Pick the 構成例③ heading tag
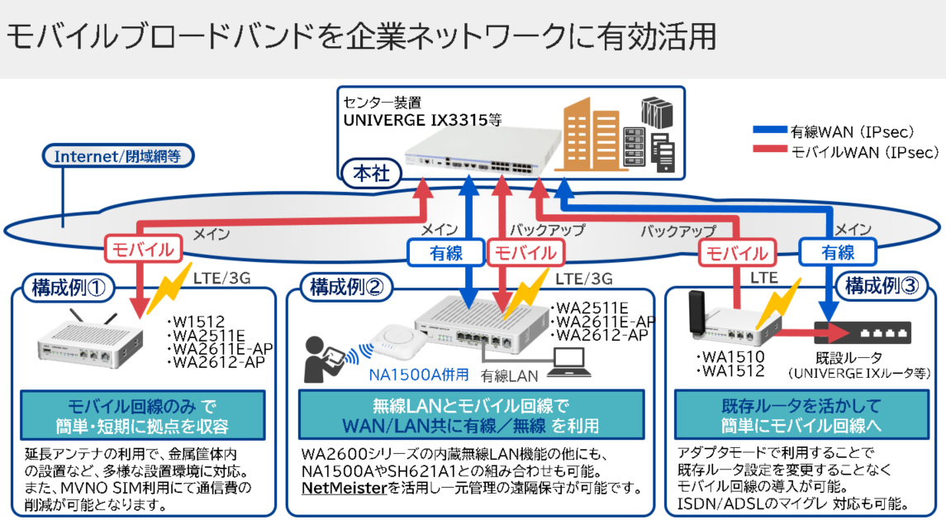click(x=881, y=287)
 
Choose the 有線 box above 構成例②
click(x=439, y=253)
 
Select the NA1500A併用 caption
click(x=418, y=374)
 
